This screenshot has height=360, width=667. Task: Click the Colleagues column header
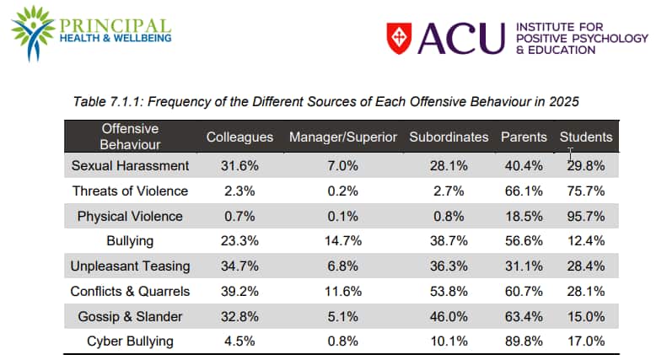[240, 137]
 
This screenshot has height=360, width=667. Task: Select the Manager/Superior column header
[342, 137]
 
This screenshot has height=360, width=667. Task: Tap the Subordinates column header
[449, 137]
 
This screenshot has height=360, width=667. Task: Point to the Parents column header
[524, 137]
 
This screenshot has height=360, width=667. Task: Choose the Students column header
[586, 137]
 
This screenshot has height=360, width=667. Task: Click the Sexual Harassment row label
[130, 166]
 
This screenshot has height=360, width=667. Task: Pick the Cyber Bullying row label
[130, 341]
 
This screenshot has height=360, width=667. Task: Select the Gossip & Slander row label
[130, 317]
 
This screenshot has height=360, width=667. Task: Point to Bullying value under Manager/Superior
[342, 241]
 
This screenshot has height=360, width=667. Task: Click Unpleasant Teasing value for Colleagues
[240, 266]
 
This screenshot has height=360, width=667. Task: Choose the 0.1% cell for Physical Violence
[342, 216]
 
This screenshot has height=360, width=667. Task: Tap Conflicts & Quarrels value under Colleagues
[240, 292]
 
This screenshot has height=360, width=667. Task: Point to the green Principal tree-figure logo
[31, 35]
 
